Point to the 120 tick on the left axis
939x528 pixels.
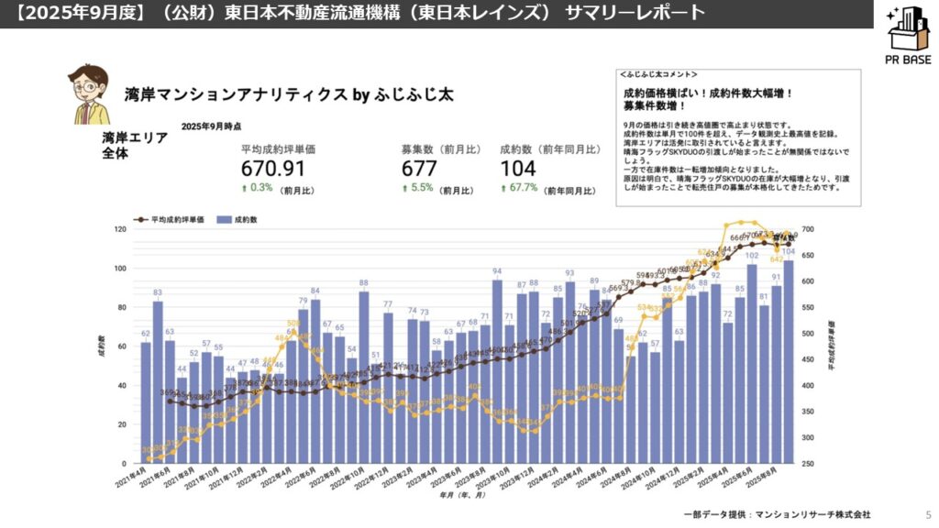click(119, 229)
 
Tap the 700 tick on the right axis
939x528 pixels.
click(808, 229)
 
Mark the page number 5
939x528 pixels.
click(928, 514)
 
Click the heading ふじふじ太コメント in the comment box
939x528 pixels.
click(657, 73)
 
